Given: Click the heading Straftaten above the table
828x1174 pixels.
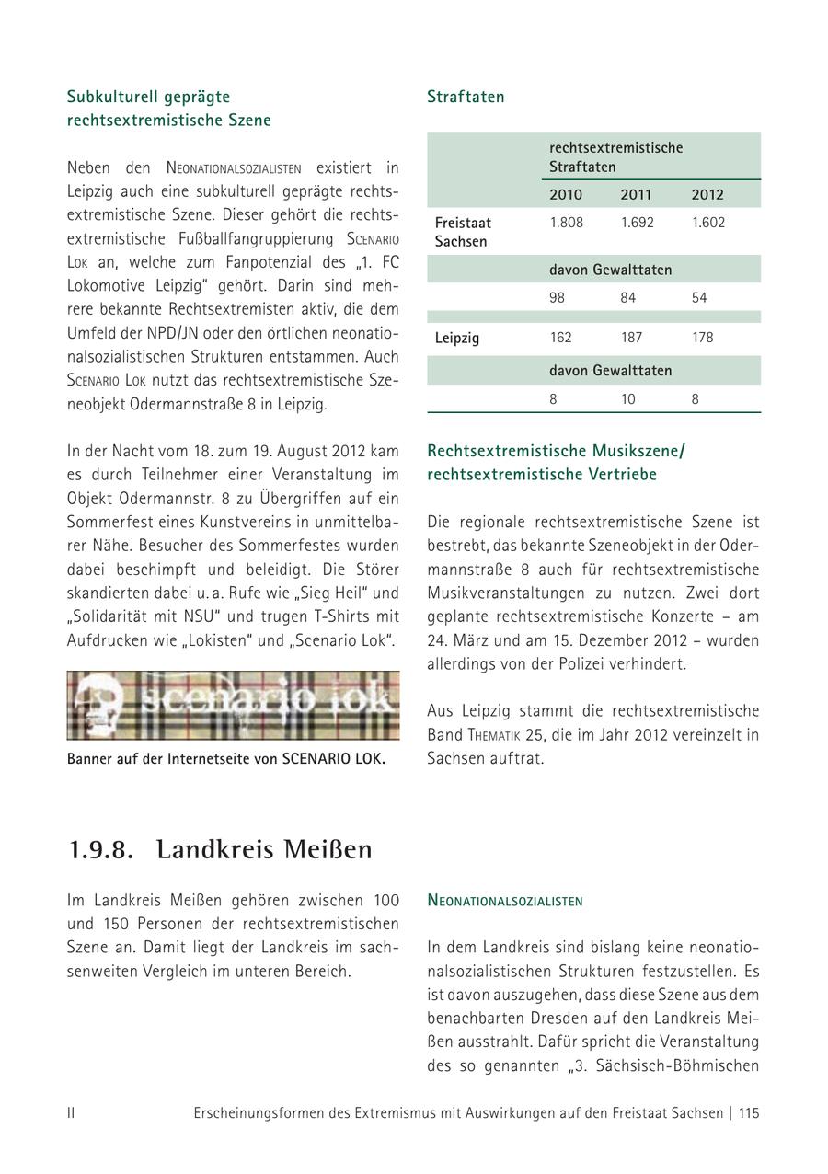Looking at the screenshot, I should pyautogui.click(x=466, y=97).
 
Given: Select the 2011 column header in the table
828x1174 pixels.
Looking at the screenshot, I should pyautogui.click(x=636, y=194).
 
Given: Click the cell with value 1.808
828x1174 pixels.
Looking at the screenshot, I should pyautogui.click(x=566, y=223).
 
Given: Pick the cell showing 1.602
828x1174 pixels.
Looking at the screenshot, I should pyautogui.click(x=707, y=223).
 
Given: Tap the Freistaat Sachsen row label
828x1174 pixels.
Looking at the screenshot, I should pyautogui.click(x=463, y=232).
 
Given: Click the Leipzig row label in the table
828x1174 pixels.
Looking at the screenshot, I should pyautogui.click(x=457, y=338).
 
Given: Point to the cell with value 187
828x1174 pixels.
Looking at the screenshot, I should pyautogui.click(x=631, y=338).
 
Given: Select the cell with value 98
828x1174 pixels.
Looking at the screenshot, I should pyautogui.click(x=558, y=298).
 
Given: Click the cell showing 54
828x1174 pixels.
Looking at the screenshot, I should pyautogui.click(x=700, y=298).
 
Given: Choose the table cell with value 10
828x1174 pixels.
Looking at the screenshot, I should pyautogui.click(x=628, y=399).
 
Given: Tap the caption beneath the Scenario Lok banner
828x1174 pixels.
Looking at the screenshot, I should pyautogui.click(x=226, y=759).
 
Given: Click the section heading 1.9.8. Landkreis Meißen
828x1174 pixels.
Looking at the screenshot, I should pyautogui.click(x=221, y=849).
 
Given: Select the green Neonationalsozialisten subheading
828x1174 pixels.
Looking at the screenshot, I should pyautogui.click(x=505, y=901).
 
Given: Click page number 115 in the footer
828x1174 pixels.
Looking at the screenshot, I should pyautogui.click(x=748, y=1112).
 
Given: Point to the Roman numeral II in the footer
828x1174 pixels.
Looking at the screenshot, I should pyautogui.click(x=71, y=1112).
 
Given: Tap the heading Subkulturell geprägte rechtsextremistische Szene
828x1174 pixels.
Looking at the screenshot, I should pyautogui.click(x=169, y=109).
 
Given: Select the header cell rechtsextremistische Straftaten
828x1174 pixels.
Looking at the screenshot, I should pyautogui.click(x=615, y=157).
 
